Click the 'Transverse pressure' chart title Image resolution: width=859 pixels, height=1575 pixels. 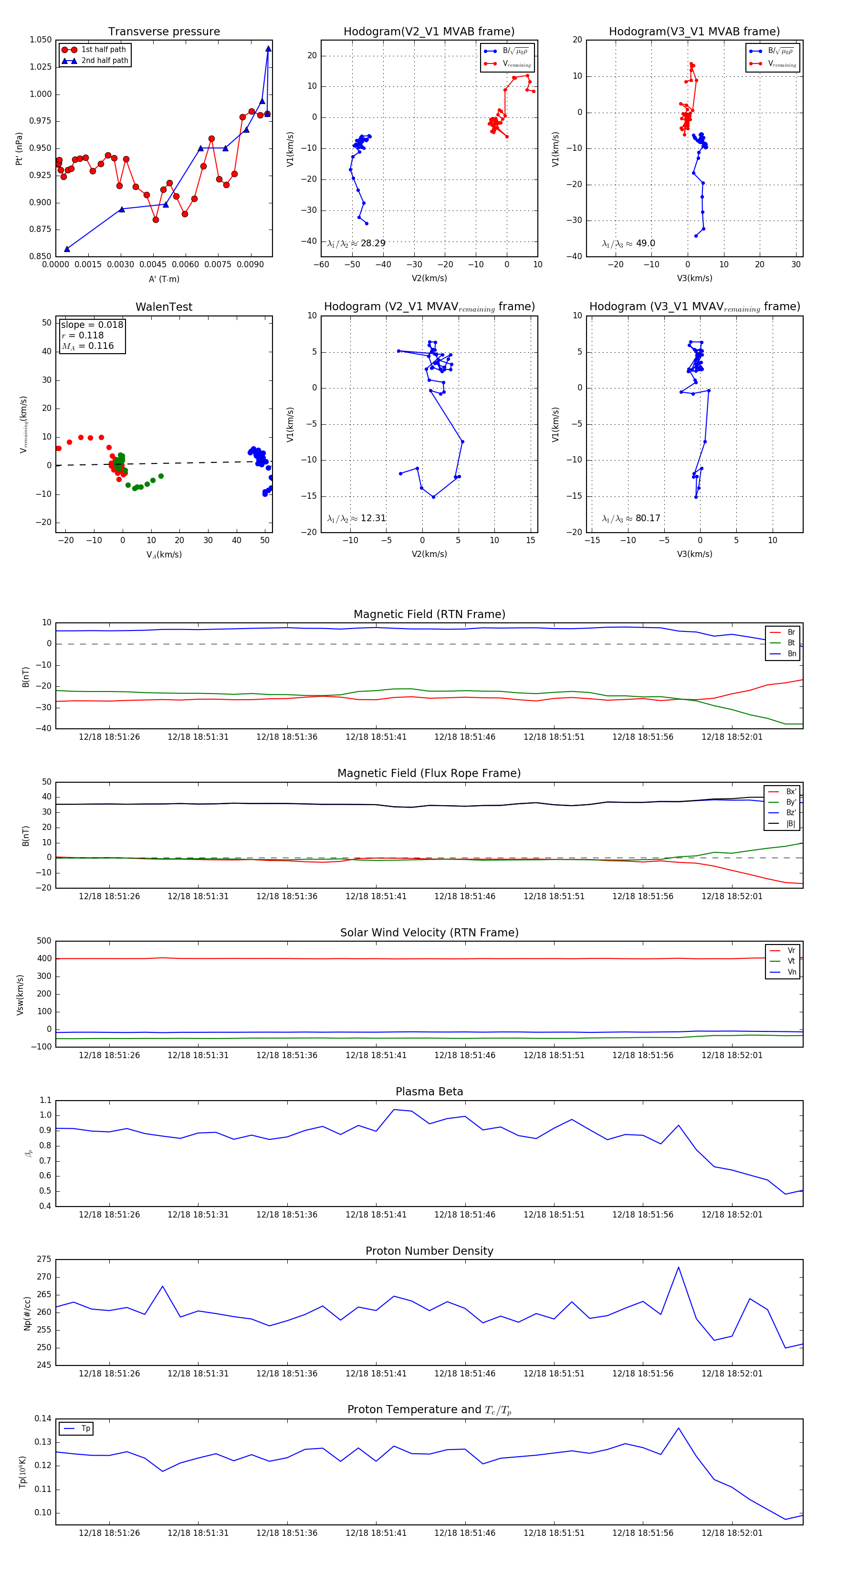coord(164,32)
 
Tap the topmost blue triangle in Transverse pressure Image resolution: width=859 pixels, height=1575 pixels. coord(268,48)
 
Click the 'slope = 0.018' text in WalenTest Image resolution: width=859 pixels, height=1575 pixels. coord(92,325)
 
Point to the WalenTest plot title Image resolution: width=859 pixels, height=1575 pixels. coord(164,307)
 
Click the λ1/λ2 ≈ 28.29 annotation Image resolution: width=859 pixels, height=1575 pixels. coord(356,243)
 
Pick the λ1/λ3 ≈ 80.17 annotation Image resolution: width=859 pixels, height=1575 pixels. coord(631,518)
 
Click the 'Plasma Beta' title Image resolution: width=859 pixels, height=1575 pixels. coord(429,1092)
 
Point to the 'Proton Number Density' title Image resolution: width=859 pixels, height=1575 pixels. coord(429,1251)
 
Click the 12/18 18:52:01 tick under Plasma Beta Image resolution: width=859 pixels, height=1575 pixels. coord(732,1215)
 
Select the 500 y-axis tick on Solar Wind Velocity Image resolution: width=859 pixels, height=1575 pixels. coord(44,941)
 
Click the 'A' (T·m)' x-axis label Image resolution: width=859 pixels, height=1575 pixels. coord(164,279)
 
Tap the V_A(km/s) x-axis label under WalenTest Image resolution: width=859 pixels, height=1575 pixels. coord(164,555)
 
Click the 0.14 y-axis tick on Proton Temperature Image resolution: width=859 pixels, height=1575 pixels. coord(43,1418)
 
